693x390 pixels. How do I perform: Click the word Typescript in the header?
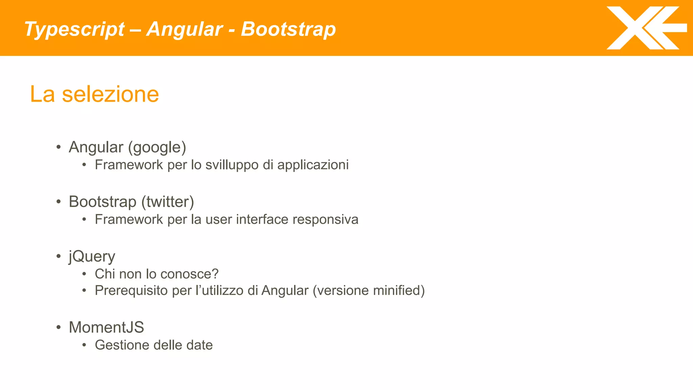pos(74,29)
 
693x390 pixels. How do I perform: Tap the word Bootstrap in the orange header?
pos(288,29)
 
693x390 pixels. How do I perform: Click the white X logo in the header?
pos(646,28)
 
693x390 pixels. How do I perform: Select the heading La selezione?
pos(94,94)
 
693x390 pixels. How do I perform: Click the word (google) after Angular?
pos(157,147)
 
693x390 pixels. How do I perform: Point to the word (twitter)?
pos(167,202)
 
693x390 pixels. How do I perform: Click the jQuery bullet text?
pos(92,256)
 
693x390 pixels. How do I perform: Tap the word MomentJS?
pos(106,327)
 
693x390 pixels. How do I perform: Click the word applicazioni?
pos(313,165)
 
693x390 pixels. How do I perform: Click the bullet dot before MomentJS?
pos(59,327)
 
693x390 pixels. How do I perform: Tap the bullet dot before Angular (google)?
pos(59,147)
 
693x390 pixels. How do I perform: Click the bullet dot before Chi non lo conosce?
pos(84,274)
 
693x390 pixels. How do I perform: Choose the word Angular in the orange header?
pos(185,29)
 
